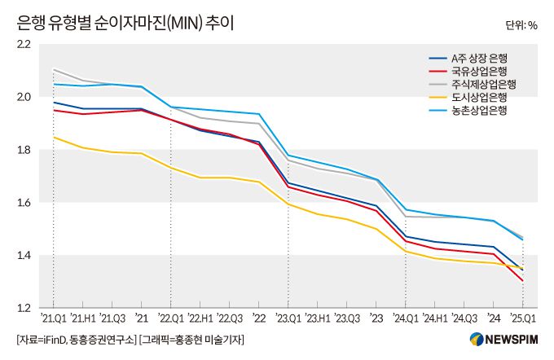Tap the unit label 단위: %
pos(521,25)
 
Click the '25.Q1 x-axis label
pos(522,318)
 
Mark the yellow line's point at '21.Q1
pos(54,137)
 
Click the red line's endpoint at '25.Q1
pos(522,281)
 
